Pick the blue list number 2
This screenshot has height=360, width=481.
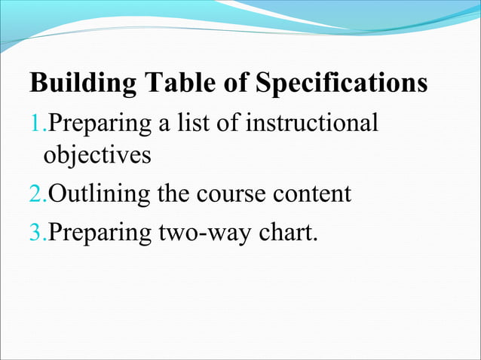tap(36, 194)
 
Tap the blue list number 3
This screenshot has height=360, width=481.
tap(36, 231)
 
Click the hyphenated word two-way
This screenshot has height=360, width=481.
tap(204, 231)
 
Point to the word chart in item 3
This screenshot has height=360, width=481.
tap(287, 231)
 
